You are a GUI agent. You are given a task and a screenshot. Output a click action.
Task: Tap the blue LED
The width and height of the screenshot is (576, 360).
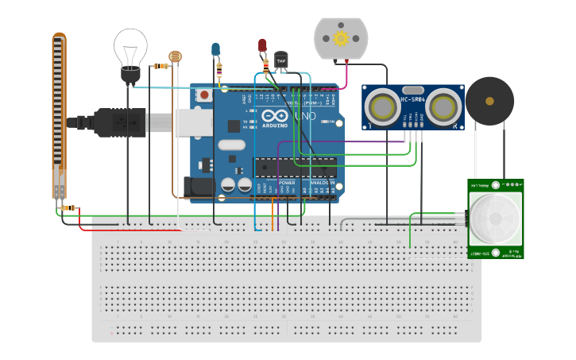coord(215,50)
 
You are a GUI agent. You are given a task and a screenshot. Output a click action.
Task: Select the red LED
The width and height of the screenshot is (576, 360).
coord(262,45)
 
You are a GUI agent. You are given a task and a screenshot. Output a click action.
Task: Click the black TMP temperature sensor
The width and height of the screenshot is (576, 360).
coord(280,60)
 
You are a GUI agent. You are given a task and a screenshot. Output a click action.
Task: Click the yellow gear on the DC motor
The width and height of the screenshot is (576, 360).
coord(341,38)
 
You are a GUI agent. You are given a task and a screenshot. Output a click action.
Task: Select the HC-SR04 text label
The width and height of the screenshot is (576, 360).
coord(413,100)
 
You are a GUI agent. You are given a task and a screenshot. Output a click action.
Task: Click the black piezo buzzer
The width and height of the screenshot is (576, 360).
coord(489,101)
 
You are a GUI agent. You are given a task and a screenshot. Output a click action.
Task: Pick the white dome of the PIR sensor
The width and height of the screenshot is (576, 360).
coord(495,218)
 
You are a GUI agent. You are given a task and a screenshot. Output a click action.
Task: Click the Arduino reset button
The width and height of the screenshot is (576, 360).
coord(203,95)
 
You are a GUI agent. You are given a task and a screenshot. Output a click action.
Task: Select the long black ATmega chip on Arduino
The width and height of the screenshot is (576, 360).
coord(294,168)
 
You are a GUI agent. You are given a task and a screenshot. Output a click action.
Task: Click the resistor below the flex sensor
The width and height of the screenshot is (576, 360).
coord(69,208)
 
